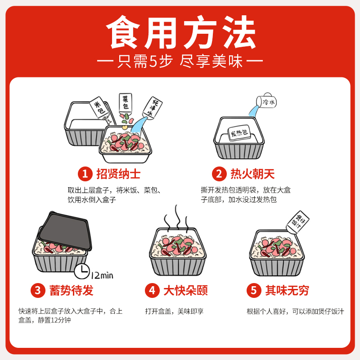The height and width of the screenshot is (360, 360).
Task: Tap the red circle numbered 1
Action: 85,174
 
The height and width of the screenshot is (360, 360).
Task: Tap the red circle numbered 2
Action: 219,174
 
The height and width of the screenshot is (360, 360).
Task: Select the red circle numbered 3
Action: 37,291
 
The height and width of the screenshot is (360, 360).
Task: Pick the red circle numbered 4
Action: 152,291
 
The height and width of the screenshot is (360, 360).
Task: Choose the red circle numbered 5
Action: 253,291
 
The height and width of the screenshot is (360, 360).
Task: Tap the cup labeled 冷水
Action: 267,102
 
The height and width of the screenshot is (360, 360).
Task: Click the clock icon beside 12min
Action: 81,271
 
